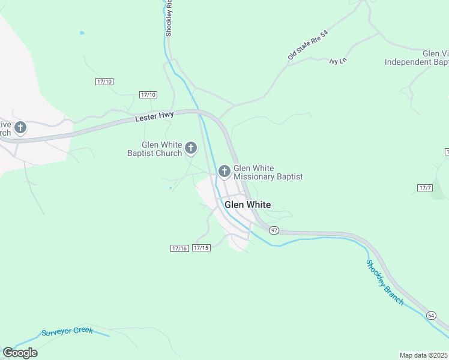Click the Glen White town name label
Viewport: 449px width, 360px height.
[x=247, y=205]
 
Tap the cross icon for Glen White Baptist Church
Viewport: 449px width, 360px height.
[x=191, y=148]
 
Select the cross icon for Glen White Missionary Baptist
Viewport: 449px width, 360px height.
[x=224, y=172]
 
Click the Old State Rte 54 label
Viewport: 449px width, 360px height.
[x=309, y=45]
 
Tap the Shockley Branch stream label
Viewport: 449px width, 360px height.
[x=385, y=282]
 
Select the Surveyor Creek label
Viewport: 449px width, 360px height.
[x=67, y=332]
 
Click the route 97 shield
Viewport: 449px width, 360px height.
[x=274, y=230]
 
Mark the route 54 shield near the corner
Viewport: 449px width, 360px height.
[x=431, y=315]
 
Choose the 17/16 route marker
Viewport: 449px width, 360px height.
[x=179, y=248]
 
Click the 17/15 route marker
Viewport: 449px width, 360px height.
[x=201, y=248]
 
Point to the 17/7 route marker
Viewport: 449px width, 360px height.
[x=425, y=188]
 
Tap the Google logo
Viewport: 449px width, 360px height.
[x=20, y=352]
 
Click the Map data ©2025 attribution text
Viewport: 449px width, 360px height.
[x=424, y=355]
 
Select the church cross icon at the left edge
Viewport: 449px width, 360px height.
[x=20, y=128]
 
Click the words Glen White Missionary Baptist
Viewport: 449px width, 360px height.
[x=268, y=173]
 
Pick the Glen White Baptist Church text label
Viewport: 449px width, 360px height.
[x=162, y=149]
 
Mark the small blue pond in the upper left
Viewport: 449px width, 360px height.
[x=82, y=32]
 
